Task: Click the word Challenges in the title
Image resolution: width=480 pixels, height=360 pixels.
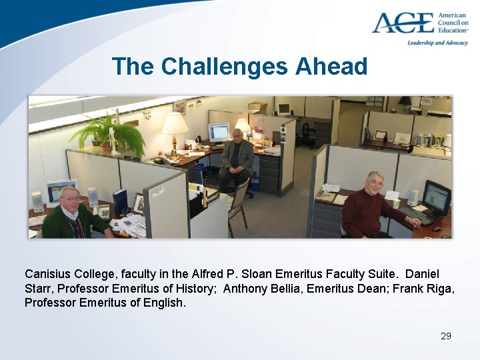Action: point(225,66)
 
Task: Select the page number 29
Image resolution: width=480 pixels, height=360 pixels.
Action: point(446,336)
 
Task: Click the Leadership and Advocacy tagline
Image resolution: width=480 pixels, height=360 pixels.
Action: point(438,43)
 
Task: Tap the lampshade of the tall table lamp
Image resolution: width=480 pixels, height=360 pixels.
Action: point(175,124)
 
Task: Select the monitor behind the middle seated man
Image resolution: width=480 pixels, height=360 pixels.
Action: point(218,131)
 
